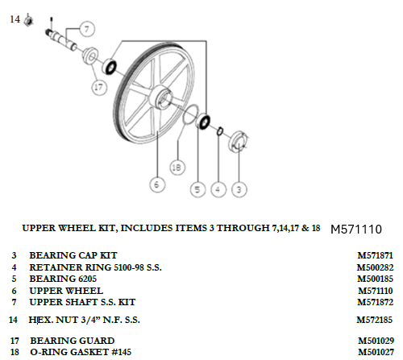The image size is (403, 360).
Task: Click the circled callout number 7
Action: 87,29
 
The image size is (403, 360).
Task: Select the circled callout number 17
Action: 99,87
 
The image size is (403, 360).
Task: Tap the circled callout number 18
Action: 177,168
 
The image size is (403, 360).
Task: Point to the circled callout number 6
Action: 157,184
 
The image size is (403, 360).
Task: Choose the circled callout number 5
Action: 197,189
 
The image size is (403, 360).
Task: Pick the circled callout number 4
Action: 218,189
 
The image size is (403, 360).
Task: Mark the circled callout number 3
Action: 239,189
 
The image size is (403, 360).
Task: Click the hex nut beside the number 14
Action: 28,20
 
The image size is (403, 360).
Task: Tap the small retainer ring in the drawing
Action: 220,131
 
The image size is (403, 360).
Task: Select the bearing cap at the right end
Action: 239,142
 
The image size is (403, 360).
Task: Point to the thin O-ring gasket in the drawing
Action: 191,115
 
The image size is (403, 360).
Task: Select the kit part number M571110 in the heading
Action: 356,230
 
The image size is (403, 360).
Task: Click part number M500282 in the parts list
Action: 375,267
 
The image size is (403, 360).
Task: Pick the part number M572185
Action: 375,320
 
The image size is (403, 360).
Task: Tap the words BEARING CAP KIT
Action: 73,255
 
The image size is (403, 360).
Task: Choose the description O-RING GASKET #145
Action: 81,352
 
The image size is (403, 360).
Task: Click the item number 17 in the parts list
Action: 15,341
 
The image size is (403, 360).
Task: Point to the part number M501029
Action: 376,341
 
